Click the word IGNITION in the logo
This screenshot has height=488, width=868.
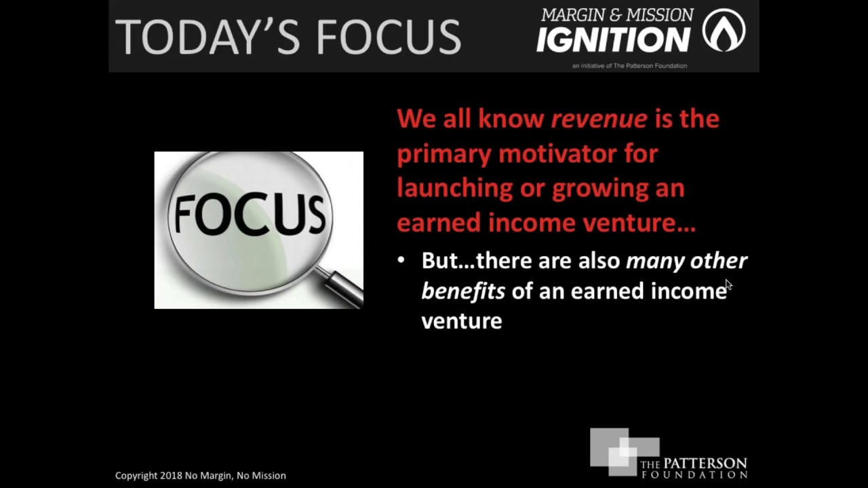[x=613, y=40]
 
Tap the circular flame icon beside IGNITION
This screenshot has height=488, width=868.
[x=724, y=30]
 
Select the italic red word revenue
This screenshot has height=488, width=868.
[x=599, y=119]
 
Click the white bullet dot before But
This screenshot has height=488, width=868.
[x=401, y=260]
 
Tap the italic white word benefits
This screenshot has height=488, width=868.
[x=463, y=291]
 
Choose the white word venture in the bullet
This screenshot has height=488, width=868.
[x=462, y=321]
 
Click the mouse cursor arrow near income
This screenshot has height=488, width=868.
[x=728, y=285]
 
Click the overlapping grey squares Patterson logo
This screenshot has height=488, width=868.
[x=622, y=450]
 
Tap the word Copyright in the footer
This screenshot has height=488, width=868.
[x=136, y=476]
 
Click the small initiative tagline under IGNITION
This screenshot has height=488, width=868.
[x=629, y=66]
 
